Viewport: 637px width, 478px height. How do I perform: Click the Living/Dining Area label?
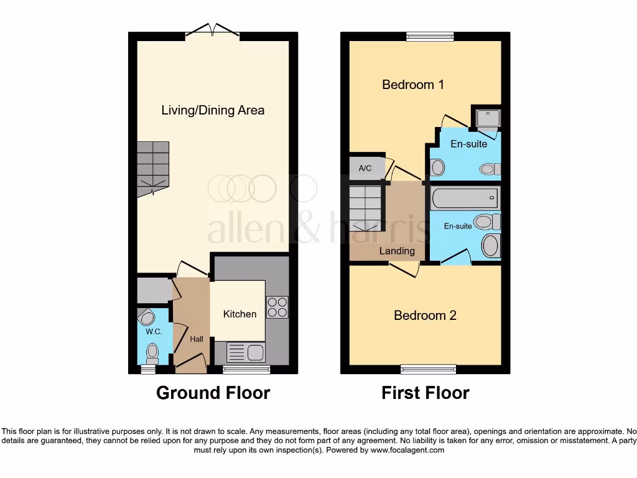coord(213,110)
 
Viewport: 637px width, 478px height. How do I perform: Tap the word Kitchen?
coord(239,314)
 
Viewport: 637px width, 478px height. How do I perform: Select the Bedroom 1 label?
coord(412,84)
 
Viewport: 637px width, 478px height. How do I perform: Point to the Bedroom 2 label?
coord(425,316)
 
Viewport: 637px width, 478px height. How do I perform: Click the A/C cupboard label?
coord(365,168)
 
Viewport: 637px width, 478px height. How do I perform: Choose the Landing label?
coord(397,251)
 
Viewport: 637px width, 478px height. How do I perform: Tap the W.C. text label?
coord(154,332)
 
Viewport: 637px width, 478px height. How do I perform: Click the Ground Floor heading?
coord(213,393)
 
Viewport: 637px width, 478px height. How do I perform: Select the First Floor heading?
coord(425,393)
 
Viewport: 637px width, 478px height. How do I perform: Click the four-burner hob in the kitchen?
coord(277,307)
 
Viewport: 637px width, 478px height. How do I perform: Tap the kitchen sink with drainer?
coord(247,353)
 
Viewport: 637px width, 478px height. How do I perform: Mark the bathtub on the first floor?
coord(465,199)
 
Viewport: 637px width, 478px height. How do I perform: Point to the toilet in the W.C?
coord(152,354)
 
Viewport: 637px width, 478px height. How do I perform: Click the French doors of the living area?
coord(212,31)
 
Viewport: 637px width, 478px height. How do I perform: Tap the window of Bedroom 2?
coord(428,370)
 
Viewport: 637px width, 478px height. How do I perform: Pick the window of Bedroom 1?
coord(430,36)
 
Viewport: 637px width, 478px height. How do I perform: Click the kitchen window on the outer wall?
coord(246,370)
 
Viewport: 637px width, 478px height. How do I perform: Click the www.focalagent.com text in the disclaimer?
coord(407,450)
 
